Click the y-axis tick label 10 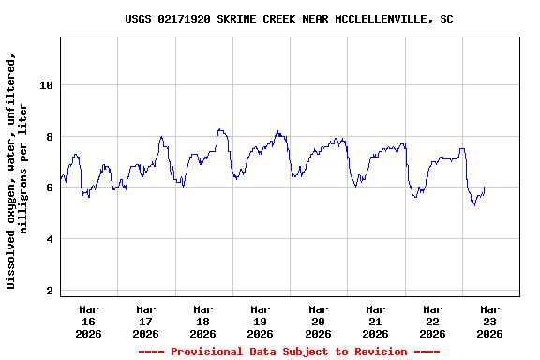(x=47, y=85)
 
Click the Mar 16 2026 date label (x=88, y=321)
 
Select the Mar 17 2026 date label (x=145, y=321)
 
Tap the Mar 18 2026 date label (x=202, y=321)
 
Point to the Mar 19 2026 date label (x=260, y=321)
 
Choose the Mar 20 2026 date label (x=318, y=321)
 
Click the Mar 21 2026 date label (x=375, y=321)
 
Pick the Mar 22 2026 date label (x=432, y=321)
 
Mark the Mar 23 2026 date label (x=489, y=321)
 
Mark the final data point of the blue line (x=484, y=187)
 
